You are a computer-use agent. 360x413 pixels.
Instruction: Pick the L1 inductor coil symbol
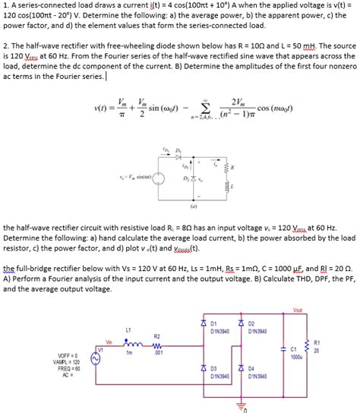(x=129, y=342)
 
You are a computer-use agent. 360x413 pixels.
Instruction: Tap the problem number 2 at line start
(x=5, y=46)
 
